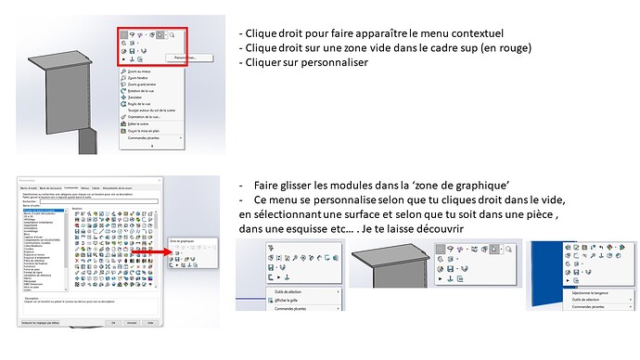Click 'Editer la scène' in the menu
tap(140, 125)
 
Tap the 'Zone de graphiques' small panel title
tap(182, 240)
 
